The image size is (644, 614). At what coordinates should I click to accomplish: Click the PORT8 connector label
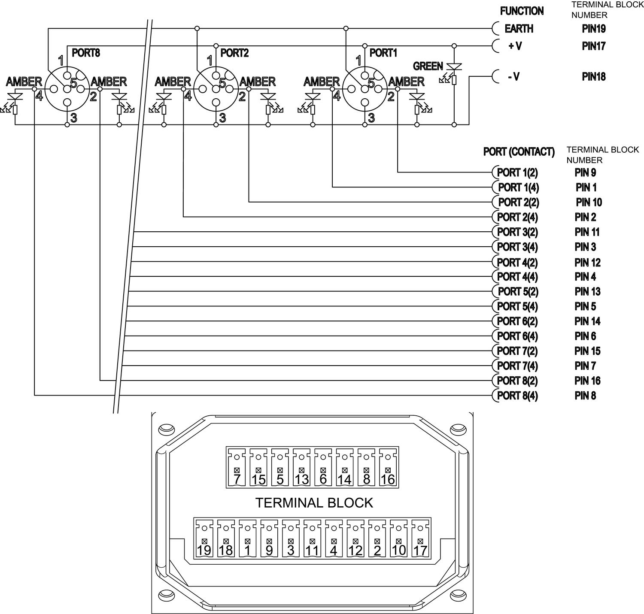(x=86, y=53)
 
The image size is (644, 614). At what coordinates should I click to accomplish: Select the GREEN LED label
(x=428, y=66)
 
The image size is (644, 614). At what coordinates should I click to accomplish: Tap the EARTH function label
(x=519, y=29)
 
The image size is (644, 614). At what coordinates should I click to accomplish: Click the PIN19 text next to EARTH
(x=594, y=29)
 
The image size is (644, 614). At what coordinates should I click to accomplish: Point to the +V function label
(x=515, y=46)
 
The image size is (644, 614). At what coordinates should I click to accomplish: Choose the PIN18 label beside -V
(x=594, y=77)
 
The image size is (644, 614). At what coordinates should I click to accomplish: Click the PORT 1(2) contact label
(x=517, y=172)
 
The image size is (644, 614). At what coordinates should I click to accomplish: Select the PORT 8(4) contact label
(x=517, y=396)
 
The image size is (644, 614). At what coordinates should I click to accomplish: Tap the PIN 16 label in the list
(x=587, y=381)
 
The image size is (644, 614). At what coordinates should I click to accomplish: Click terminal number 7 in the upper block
(x=237, y=479)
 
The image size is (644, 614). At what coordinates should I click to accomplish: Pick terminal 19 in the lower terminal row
(x=204, y=550)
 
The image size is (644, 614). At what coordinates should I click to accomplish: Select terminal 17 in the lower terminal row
(x=420, y=550)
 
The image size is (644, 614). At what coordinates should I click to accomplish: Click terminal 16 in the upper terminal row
(x=388, y=479)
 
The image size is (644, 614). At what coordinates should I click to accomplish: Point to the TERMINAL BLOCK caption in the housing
(x=314, y=502)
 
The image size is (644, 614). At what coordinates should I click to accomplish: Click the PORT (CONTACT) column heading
(x=519, y=152)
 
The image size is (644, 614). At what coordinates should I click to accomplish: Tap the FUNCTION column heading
(x=522, y=11)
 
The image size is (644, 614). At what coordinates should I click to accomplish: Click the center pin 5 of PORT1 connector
(x=365, y=88)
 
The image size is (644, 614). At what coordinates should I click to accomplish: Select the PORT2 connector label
(x=234, y=53)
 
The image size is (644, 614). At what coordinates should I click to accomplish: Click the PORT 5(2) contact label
(x=517, y=292)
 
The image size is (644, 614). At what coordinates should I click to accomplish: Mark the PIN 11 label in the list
(x=587, y=232)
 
